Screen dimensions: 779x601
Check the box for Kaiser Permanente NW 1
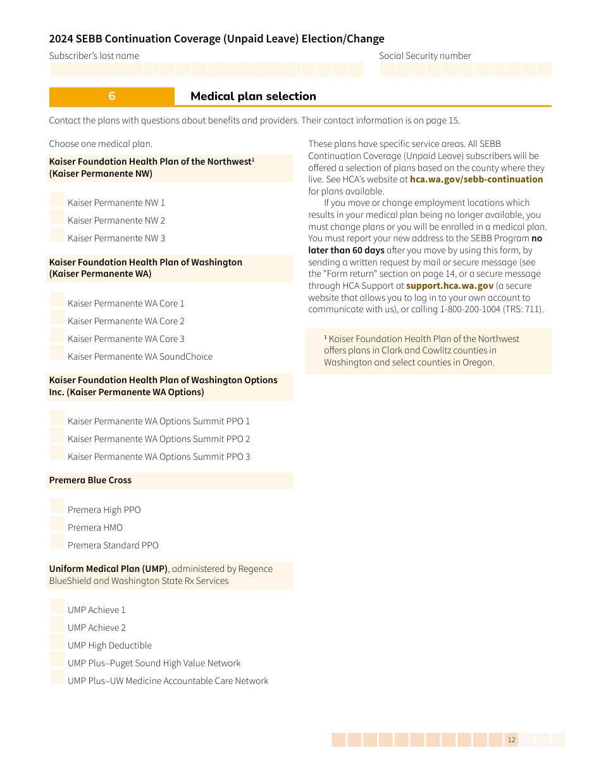coord(57,200)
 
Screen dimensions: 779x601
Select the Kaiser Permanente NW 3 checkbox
coord(57,236)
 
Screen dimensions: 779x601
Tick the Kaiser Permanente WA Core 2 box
coord(57,319)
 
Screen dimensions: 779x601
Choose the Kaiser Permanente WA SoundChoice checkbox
coord(57,354)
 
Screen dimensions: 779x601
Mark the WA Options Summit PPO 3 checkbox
coord(57,454)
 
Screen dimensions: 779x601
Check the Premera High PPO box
coord(57,507)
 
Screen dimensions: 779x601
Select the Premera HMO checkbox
coord(57,525)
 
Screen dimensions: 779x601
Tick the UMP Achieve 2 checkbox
coord(57,625)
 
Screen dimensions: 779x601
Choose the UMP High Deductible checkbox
coord(57,643)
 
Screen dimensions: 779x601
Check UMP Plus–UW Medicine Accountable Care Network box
coord(57,678)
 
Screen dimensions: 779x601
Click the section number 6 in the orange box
coord(112,96)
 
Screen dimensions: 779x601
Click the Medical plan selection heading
coord(253,96)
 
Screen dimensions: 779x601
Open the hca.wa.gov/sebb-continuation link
coord(476,179)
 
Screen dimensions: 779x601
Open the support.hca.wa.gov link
coord(449,286)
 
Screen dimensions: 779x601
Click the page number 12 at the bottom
coord(511,740)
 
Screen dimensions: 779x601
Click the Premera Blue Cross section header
coord(90,480)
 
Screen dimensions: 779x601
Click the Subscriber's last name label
coord(94,56)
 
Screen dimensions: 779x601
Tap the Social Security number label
coord(424,56)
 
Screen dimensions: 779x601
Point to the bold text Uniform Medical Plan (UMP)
coord(108,569)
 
